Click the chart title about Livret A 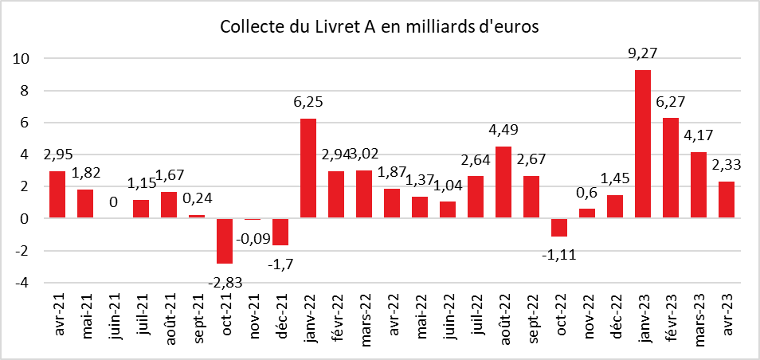(x=380, y=27)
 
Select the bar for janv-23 (x=642, y=143)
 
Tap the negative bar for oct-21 (x=224, y=241)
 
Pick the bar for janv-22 (x=308, y=168)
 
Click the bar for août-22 (x=503, y=182)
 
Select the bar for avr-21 (x=57, y=194)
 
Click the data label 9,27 (x=643, y=54)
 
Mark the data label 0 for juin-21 (x=114, y=203)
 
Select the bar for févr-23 (x=671, y=167)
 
